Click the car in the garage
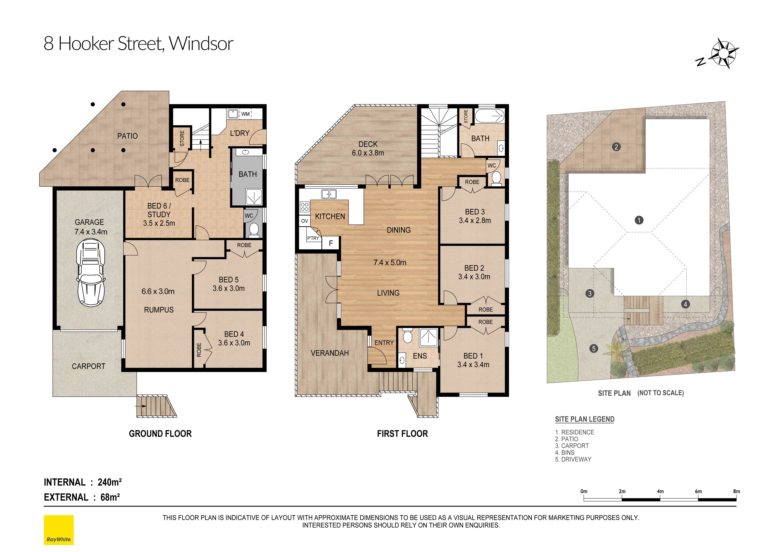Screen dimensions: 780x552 [x=90, y=273]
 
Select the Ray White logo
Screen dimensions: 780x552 [x=59, y=530]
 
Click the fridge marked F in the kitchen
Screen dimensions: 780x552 [x=331, y=243]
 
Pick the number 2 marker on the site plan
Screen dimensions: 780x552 [x=616, y=147]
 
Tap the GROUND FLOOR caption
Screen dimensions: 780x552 [x=160, y=434]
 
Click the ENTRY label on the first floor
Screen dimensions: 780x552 [x=384, y=343]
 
